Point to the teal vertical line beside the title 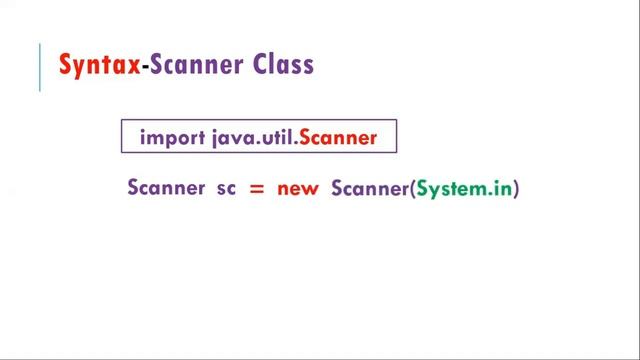(x=40, y=68)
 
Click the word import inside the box (x=172, y=138)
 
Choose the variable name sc (x=226, y=188)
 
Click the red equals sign (x=256, y=188)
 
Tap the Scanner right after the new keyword (x=368, y=187)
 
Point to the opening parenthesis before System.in (x=411, y=188)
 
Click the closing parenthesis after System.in (x=518, y=188)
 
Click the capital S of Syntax (x=67, y=66)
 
